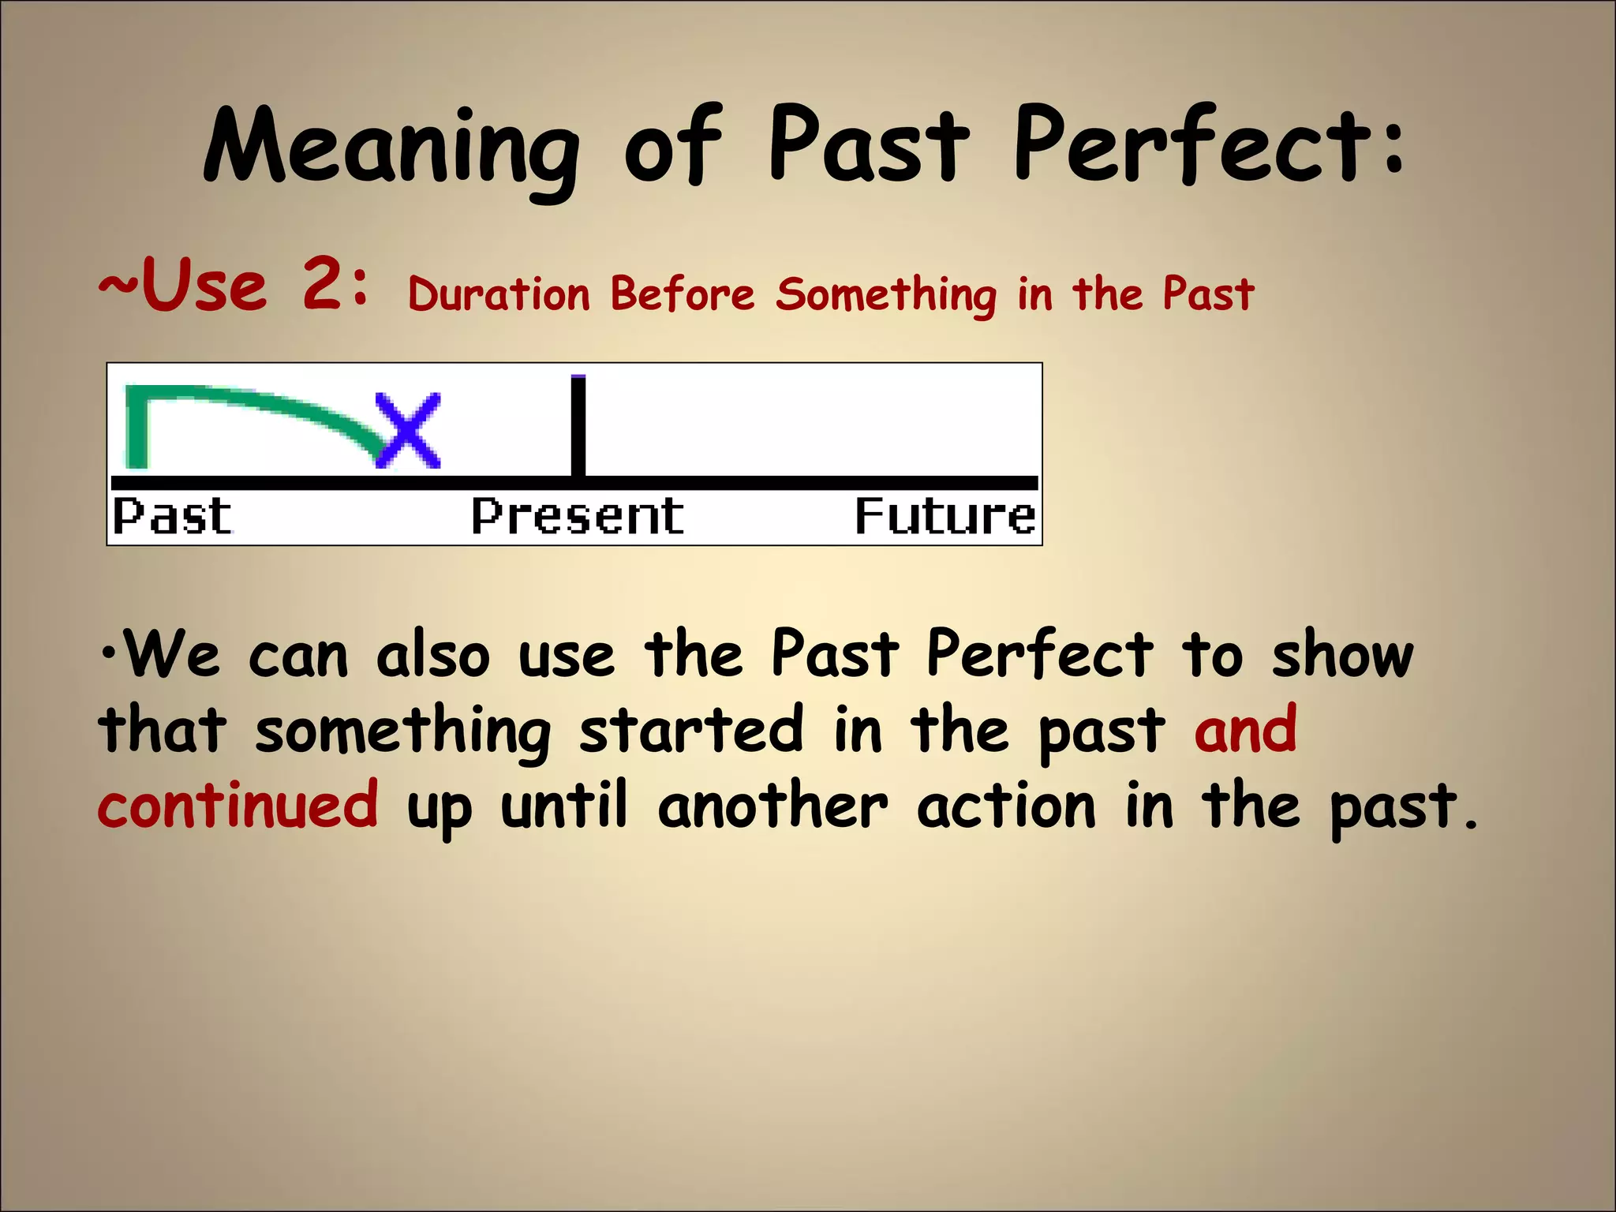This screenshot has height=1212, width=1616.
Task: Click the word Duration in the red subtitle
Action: (x=499, y=294)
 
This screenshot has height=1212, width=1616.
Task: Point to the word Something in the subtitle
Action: (x=885, y=295)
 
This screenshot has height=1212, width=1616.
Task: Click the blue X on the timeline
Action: (x=407, y=431)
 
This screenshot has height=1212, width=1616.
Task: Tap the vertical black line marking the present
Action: (x=578, y=426)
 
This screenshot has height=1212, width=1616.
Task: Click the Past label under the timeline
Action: (x=172, y=517)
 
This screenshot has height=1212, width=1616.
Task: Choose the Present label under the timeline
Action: (x=578, y=517)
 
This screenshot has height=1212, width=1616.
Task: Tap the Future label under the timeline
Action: (x=945, y=517)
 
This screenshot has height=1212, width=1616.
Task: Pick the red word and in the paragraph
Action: (x=1245, y=730)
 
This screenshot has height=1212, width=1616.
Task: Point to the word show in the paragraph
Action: (x=1342, y=655)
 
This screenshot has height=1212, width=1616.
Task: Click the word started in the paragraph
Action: (x=691, y=730)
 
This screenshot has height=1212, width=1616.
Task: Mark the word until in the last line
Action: (x=564, y=805)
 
